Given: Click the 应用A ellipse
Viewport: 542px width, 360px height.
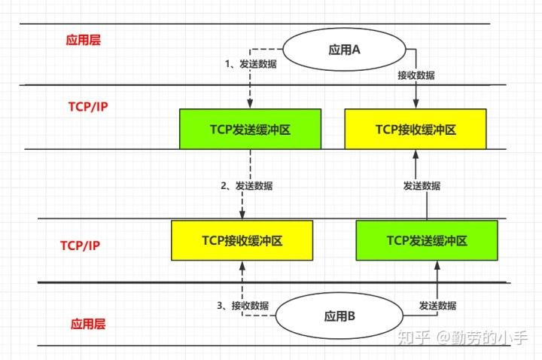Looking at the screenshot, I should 346,50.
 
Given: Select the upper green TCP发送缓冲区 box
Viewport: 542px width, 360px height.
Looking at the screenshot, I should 250,129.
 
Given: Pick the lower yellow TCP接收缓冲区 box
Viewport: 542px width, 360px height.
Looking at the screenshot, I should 242,240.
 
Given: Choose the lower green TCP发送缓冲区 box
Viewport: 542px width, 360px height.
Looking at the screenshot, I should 427,240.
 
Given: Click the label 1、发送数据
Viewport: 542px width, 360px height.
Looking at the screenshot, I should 251,64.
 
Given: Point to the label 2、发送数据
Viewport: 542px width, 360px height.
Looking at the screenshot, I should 247,185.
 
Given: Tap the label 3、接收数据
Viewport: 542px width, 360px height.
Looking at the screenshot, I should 243,305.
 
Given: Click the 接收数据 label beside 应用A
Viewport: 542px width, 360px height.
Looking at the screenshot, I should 416,75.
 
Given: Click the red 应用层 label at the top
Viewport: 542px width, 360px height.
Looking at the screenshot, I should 83,40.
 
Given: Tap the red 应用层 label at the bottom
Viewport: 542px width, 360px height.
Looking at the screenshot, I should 88,324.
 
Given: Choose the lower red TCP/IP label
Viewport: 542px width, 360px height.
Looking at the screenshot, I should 81,246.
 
